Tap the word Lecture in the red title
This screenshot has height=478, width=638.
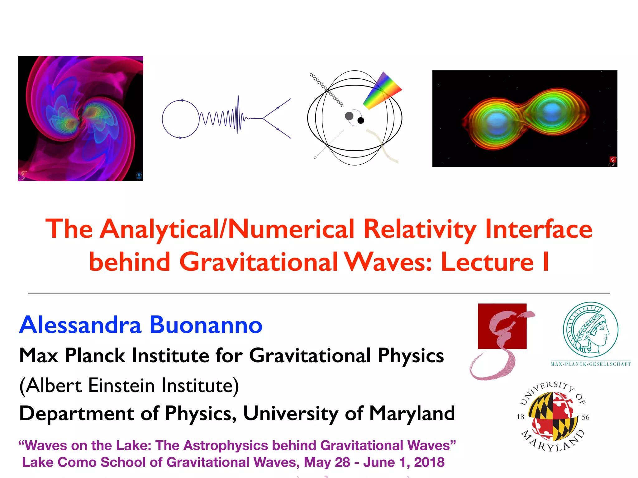[487, 262]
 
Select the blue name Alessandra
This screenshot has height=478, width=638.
[80, 325]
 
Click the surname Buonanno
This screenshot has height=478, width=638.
[206, 325]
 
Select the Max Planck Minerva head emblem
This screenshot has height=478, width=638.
[591, 330]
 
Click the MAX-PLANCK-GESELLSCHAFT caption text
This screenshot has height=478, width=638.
[591, 364]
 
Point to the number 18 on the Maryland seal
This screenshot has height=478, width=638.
[520, 417]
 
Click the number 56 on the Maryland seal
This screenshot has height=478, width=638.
[585, 417]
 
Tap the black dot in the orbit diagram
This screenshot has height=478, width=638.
[361, 120]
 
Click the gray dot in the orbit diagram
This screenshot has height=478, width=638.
[349, 116]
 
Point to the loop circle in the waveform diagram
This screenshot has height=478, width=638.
[181, 119]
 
